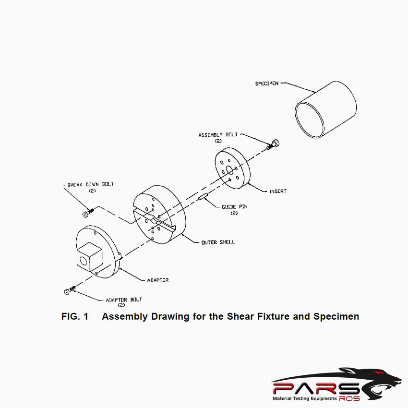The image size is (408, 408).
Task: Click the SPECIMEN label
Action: point(266,84)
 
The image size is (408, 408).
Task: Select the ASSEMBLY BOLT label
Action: point(217,135)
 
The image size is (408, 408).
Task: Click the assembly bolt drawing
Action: point(274,144)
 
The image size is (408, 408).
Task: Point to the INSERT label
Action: point(277,191)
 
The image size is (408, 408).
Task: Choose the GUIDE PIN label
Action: point(234,207)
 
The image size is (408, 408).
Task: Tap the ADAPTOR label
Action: point(158,279)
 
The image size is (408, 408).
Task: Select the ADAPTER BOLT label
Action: point(124,300)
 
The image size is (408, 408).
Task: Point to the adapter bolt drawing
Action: point(69,291)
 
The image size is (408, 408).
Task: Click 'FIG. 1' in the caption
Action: point(75,317)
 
